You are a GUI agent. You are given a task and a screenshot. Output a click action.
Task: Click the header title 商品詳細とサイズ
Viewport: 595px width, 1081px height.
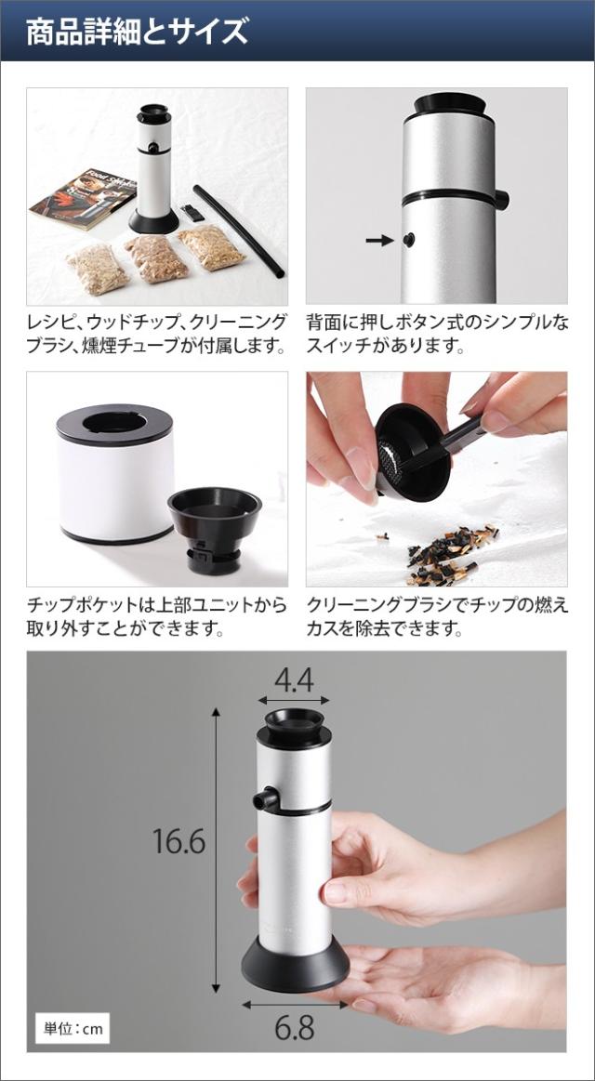(x=137, y=31)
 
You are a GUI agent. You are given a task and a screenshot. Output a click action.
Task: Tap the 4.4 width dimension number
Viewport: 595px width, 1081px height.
(x=294, y=679)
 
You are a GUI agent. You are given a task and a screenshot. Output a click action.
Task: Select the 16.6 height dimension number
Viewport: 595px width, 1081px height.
(x=178, y=842)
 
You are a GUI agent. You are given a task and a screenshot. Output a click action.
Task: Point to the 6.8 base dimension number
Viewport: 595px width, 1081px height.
(x=294, y=1028)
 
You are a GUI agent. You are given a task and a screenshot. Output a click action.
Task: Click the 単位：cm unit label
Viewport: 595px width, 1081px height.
(x=73, y=1029)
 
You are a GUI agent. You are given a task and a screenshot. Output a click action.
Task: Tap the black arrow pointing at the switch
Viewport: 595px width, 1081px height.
(x=379, y=240)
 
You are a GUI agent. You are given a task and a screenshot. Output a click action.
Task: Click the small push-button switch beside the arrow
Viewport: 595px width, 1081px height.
(x=408, y=240)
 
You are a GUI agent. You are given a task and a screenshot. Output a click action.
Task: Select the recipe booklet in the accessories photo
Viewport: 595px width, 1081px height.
(x=70, y=194)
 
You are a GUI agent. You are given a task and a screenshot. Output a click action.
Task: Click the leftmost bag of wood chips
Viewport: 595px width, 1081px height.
(x=98, y=267)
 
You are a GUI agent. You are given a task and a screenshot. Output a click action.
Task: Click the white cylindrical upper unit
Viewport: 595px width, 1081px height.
(x=115, y=479)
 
